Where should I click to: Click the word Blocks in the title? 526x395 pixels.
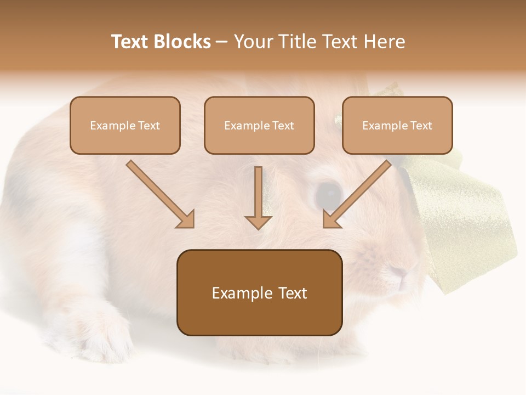click(x=183, y=42)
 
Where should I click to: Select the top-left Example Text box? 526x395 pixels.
click(x=125, y=126)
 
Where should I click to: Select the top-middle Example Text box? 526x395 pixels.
click(x=259, y=126)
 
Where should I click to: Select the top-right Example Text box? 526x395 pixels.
click(x=397, y=126)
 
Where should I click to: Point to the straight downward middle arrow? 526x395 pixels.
click(x=258, y=198)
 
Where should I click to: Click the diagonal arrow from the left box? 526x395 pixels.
click(x=160, y=194)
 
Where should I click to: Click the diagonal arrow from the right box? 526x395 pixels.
click(x=357, y=194)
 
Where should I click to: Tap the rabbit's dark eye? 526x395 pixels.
click(x=329, y=194)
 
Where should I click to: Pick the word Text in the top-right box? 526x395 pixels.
click(x=421, y=126)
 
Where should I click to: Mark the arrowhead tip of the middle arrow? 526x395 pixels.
click(x=258, y=228)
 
